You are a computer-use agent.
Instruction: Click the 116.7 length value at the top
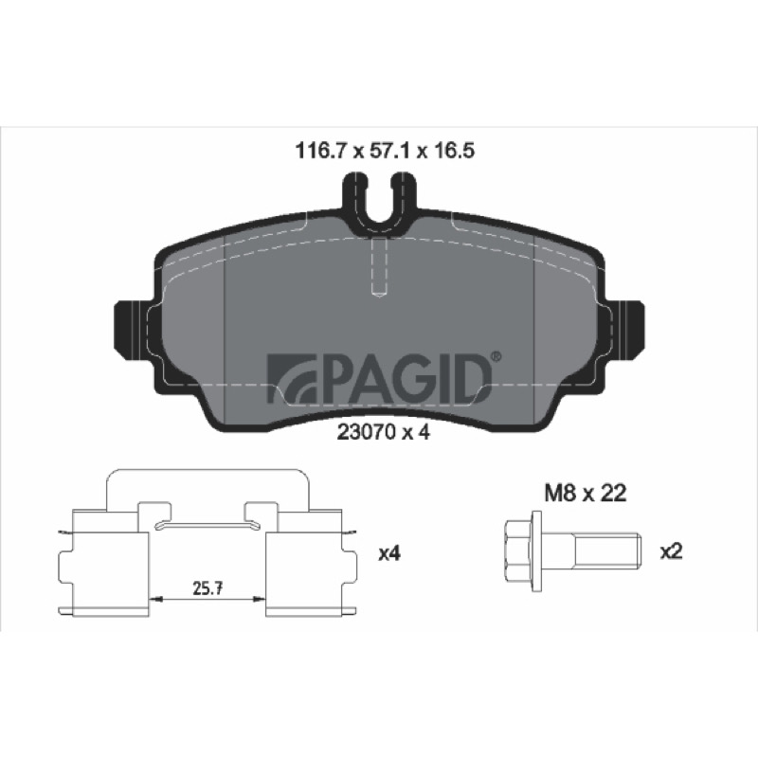click(x=320, y=151)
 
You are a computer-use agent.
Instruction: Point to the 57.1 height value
click(x=389, y=151)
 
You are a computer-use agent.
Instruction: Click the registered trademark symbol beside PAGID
click(x=496, y=357)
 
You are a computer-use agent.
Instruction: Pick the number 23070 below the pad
click(x=364, y=433)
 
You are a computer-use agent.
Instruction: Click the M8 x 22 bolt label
click(x=585, y=493)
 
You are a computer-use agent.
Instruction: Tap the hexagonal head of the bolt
click(x=517, y=551)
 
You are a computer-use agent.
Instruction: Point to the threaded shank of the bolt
click(x=607, y=550)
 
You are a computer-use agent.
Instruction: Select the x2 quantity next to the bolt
click(x=672, y=551)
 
